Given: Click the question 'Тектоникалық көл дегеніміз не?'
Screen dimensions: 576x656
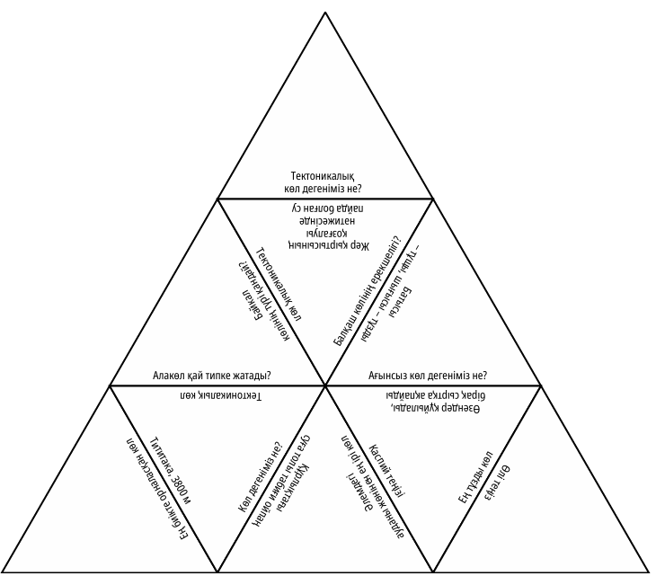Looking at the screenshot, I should click(325, 182).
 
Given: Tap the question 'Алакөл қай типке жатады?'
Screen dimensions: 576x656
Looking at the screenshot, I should click(213, 375).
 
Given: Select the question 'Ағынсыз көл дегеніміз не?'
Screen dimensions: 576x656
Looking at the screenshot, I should click(434, 375).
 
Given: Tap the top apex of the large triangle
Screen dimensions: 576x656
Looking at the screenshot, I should click(325, 12).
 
